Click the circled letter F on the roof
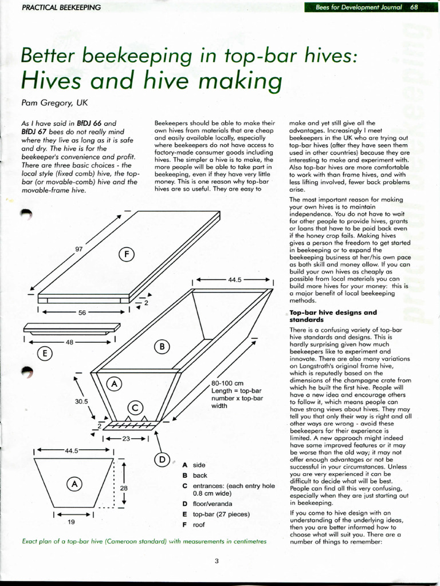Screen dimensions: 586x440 pos(127,254)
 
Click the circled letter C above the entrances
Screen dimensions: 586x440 pos(134,407)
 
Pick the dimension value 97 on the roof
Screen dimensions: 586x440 pos(79,249)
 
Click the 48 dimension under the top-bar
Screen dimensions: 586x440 pos(69,342)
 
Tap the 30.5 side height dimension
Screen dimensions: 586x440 pos(81,401)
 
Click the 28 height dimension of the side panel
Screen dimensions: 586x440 pos(123,488)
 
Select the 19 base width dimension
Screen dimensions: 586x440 pos(71,522)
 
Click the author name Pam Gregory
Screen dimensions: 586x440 pos(54,103)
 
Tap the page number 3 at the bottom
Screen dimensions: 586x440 pos(217,561)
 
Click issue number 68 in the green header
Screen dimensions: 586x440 pos(414,7)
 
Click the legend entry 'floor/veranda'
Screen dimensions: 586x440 pos(213,504)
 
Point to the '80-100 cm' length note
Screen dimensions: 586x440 pos(228,383)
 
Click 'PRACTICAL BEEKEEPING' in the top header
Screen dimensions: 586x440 pos(61,7)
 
